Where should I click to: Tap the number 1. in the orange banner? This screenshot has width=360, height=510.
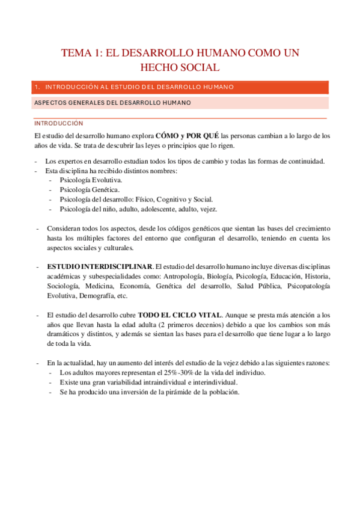[38, 87]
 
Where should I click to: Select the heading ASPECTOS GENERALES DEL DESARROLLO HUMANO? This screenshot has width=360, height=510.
[113, 103]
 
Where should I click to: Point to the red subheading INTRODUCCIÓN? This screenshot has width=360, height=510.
[58, 123]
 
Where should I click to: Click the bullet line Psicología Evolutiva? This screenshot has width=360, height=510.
[91, 180]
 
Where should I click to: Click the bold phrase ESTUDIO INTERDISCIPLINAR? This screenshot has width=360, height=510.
[100, 266]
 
